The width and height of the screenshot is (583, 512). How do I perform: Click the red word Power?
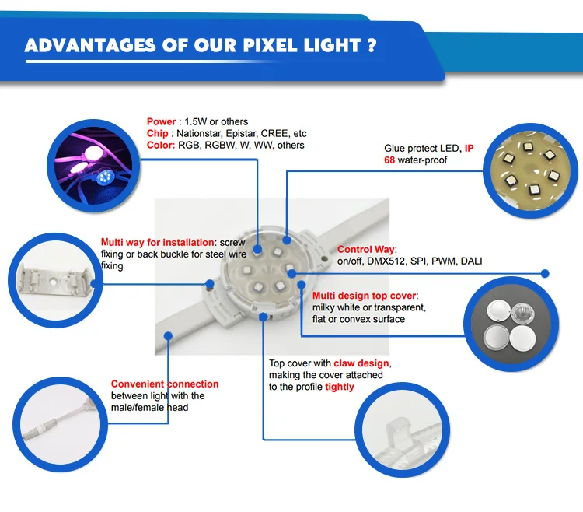pyautogui.click(x=161, y=122)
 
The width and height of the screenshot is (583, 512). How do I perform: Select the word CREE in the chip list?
pyautogui.click(x=274, y=134)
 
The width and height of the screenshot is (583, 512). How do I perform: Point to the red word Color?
pyautogui.click(x=159, y=146)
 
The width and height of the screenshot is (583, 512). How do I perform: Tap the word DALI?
pyautogui.click(x=471, y=261)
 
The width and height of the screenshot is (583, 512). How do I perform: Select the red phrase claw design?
pyautogui.click(x=361, y=363)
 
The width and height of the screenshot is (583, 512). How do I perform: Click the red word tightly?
pyautogui.click(x=339, y=387)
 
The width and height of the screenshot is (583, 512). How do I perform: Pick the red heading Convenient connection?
pyautogui.click(x=165, y=384)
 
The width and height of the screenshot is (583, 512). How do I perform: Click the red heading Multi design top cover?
pyautogui.click(x=364, y=296)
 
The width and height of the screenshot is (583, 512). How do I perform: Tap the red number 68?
pyautogui.click(x=391, y=160)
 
